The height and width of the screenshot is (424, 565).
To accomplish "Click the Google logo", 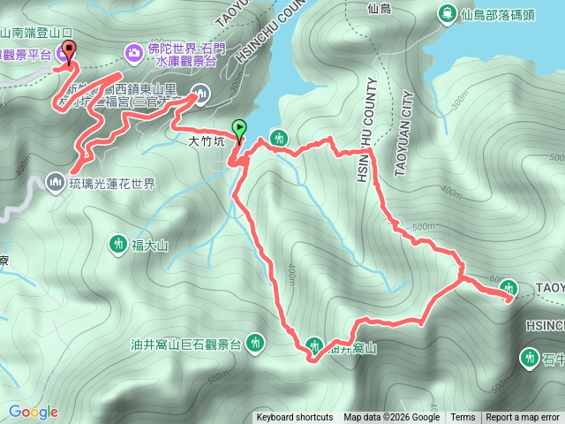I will click(33, 412).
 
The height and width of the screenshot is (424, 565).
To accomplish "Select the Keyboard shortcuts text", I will click(295, 418).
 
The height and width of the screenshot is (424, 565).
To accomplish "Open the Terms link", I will click(463, 418).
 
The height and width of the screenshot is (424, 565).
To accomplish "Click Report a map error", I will click(523, 418).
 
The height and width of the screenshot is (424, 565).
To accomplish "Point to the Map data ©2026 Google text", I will click(392, 418).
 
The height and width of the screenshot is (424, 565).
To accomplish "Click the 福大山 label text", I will click(149, 245).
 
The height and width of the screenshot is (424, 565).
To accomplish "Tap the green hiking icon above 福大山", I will click(118, 243).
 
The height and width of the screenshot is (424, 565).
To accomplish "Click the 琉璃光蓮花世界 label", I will click(112, 184).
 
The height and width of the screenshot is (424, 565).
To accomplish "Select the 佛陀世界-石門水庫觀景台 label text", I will click(191, 54).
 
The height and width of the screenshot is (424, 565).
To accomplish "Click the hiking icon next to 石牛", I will click(530, 358).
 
